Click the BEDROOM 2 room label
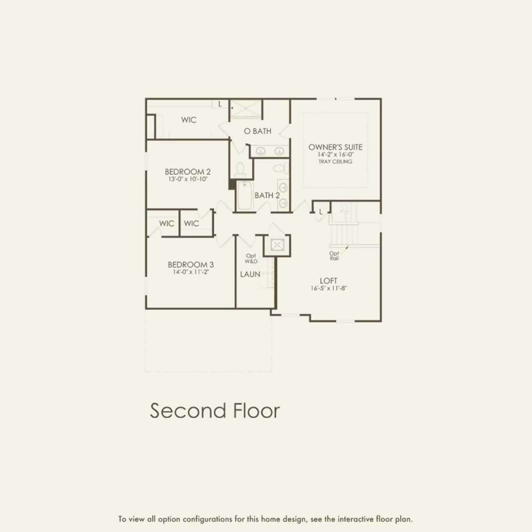click(x=188, y=172)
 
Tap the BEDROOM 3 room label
click(x=191, y=265)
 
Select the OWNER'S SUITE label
click(x=335, y=147)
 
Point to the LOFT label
click(x=329, y=281)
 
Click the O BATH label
click(x=258, y=131)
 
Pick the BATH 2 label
click(x=267, y=196)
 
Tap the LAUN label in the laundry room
click(x=250, y=274)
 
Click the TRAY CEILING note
click(x=335, y=162)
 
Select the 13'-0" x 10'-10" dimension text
click(x=188, y=179)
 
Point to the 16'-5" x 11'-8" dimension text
click(x=329, y=288)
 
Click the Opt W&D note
click(x=251, y=258)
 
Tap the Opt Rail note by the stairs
click(x=334, y=256)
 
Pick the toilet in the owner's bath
click(x=240, y=170)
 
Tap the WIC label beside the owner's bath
click(x=189, y=120)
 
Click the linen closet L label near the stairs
click(x=321, y=212)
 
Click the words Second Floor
click(x=215, y=411)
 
